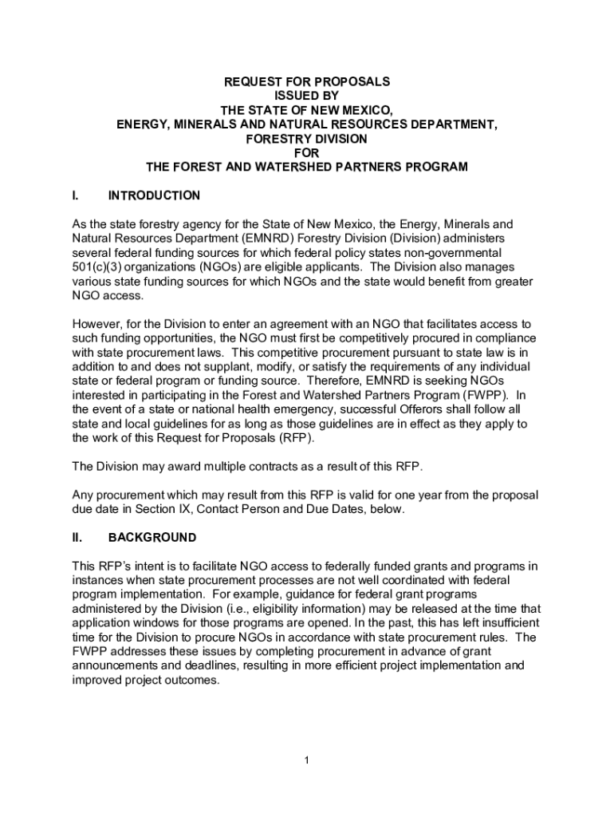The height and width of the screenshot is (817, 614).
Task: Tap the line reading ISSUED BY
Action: point(307,96)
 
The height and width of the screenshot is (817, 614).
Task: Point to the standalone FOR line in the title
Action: point(307,153)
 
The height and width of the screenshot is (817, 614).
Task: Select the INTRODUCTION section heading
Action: point(154,195)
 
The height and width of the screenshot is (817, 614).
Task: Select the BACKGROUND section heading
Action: point(152,537)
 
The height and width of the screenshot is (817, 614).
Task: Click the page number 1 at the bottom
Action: point(307,760)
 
